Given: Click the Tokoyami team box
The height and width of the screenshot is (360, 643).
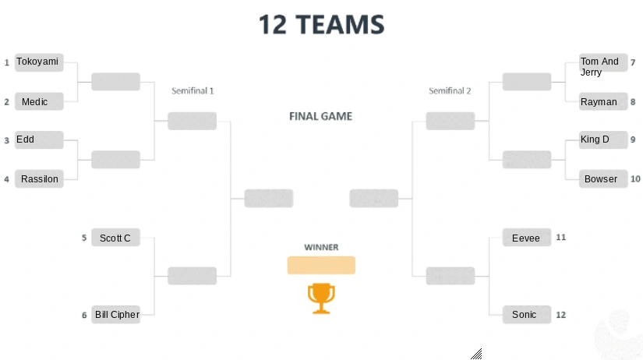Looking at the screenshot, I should [x=37, y=62].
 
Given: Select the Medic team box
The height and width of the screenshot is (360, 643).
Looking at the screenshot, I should [x=37, y=102].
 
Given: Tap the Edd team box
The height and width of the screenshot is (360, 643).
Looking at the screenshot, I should [x=37, y=140].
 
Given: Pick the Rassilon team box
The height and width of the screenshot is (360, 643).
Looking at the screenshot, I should [x=37, y=179].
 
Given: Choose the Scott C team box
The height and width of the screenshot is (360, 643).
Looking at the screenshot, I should [x=115, y=238].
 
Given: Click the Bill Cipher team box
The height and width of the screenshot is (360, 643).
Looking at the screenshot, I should [x=116, y=315].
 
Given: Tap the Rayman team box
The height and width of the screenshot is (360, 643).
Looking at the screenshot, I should [x=602, y=102].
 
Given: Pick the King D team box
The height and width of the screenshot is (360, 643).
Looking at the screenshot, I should [x=602, y=140].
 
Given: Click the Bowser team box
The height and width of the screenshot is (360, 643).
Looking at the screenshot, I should [x=602, y=179].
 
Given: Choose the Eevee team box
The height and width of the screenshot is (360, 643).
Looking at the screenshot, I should [x=526, y=238].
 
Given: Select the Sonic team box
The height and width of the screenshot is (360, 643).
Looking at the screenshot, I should [x=526, y=315].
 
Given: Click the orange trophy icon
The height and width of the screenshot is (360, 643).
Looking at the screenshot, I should [x=321, y=298].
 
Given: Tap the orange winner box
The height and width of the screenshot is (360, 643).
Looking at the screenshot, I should [x=321, y=266].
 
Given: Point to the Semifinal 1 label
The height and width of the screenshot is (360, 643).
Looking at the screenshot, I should [x=193, y=91].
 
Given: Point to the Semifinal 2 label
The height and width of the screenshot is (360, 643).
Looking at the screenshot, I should [x=450, y=91].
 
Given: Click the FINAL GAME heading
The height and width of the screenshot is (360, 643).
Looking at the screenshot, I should [x=320, y=117].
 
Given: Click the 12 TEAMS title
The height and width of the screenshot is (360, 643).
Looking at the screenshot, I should [x=321, y=25].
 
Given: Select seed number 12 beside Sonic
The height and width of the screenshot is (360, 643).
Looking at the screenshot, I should [x=560, y=315].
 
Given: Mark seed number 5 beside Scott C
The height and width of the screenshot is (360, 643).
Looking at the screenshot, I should [x=84, y=238].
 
